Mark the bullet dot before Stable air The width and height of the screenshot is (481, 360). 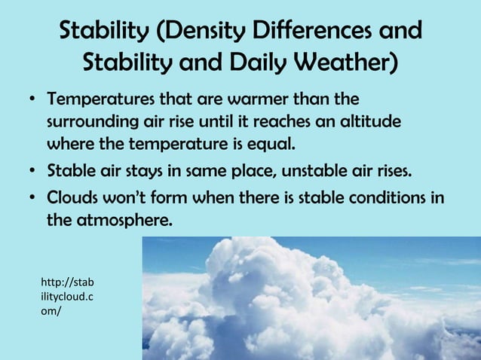(x=33, y=171)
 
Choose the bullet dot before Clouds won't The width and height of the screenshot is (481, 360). (x=33, y=198)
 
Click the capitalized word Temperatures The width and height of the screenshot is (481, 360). (x=97, y=100)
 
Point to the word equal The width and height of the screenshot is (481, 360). (x=268, y=142)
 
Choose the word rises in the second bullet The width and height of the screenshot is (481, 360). (x=394, y=170)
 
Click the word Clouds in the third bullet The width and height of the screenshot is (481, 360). (x=72, y=197)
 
